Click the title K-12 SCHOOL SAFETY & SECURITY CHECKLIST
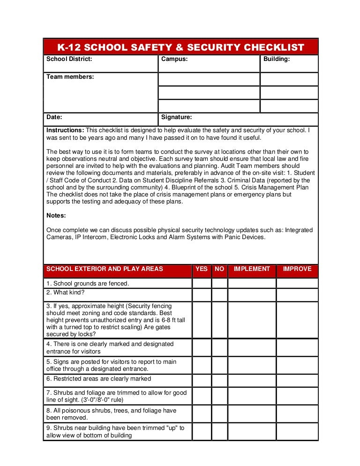(x=180, y=47)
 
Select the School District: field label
(x=69, y=59)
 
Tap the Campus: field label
(x=174, y=59)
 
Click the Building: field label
(x=277, y=59)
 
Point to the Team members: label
(x=70, y=76)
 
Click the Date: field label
(x=54, y=117)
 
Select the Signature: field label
(x=176, y=117)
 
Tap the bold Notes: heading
(x=56, y=216)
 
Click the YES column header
(x=202, y=269)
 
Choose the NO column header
(x=219, y=269)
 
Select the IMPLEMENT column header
(x=252, y=269)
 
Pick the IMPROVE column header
(x=297, y=269)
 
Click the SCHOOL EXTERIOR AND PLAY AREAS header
(x=105, y=269)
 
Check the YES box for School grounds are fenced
(x=202, y=283)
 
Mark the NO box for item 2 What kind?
(x=219, y=294)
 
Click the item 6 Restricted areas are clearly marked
(x=98, y=379)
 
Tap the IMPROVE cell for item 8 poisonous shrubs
(x=297, y=414)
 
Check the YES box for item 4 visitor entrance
(x=202, y=347)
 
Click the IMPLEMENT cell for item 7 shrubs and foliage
(x=252, y=396)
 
